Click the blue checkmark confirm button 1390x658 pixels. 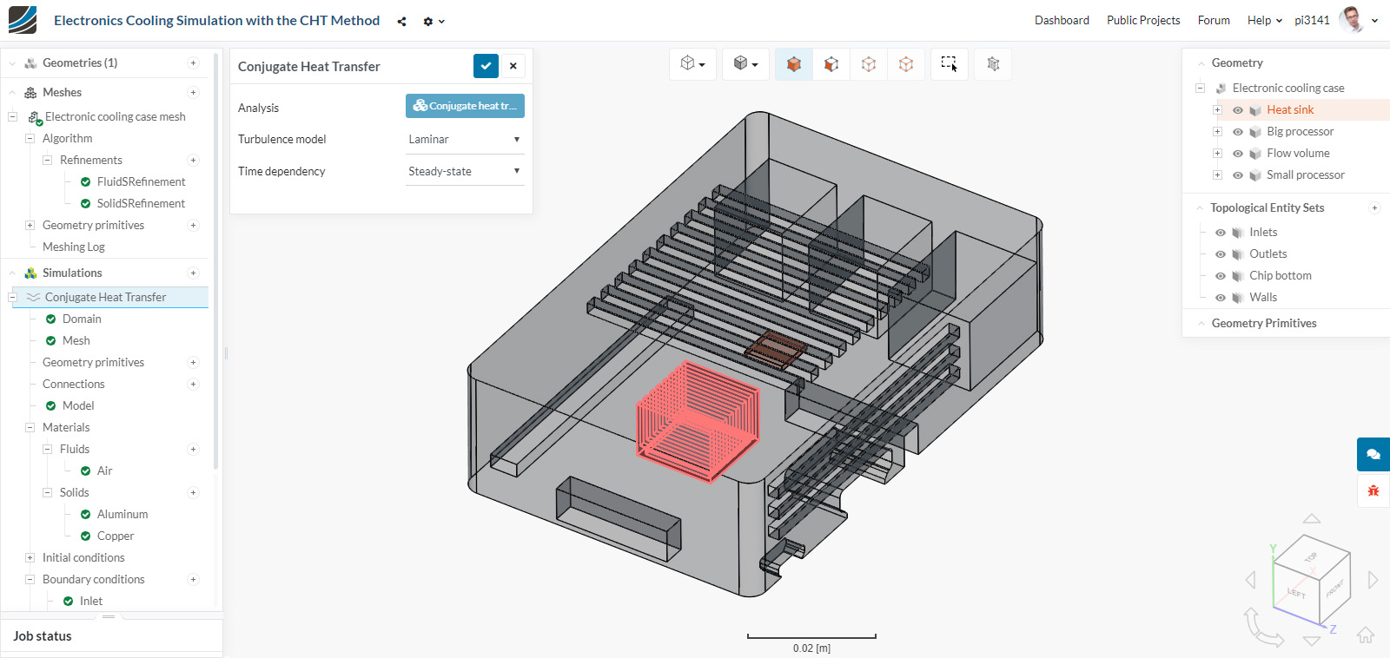(486, 66)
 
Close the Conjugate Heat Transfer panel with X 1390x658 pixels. (513, 66)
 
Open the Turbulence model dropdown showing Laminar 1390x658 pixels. (464, 139)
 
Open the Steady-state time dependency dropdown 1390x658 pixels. (464, 171)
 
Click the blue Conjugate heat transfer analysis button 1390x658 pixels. (465, 106)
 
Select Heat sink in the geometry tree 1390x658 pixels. (1289, 110)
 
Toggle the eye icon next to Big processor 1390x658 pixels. (1238, 132)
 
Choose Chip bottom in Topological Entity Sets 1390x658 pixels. (1280, 276)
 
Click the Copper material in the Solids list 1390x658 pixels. (116, 536)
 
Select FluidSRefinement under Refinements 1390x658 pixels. (141, 182)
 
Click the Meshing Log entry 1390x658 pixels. (74, 247)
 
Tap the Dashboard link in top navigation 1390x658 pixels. (1062, 20)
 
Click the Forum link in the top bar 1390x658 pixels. (1213, 20)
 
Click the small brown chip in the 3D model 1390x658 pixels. (776, 349)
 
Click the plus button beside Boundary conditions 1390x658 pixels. (193, 580)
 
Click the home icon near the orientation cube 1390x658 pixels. (1366, 635)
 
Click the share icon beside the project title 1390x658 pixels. (401, 22)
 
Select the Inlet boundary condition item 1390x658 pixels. (90, 602)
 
